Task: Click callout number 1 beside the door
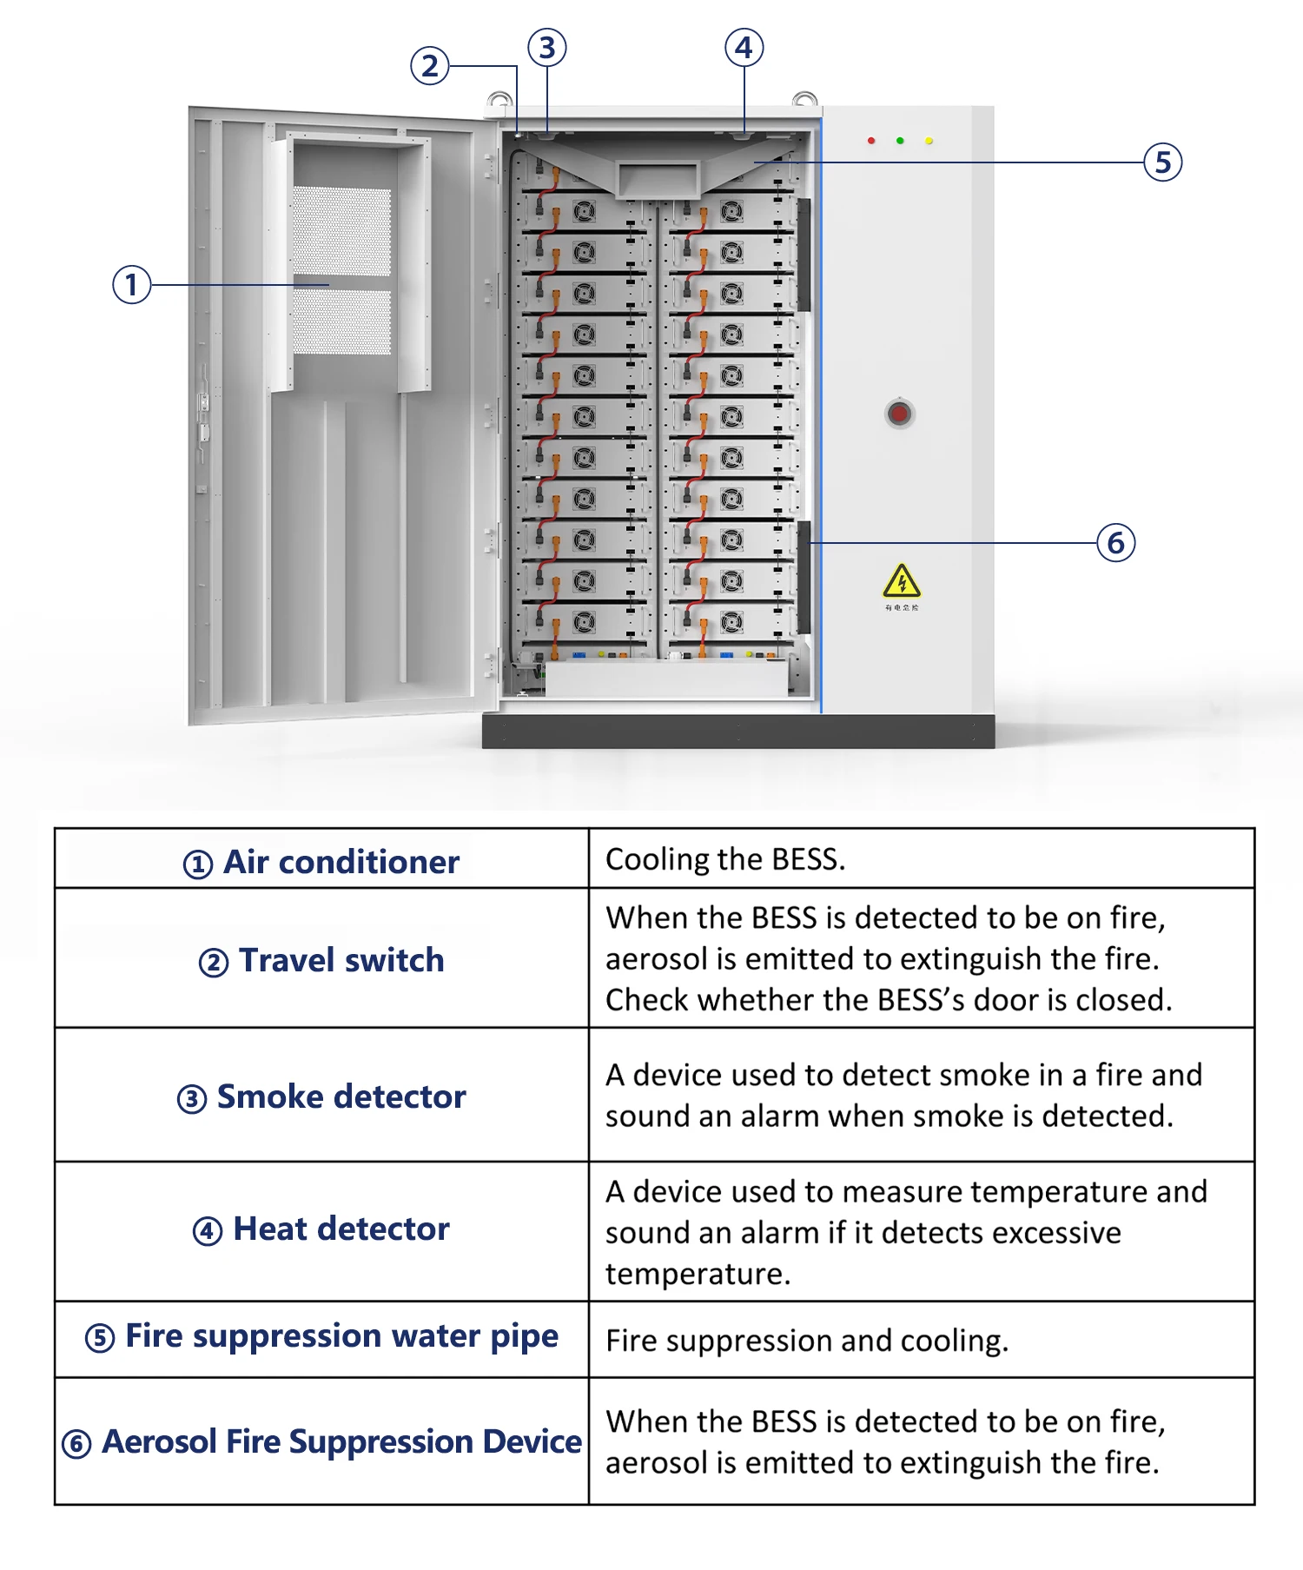pyautogui.click(x=132, y=285)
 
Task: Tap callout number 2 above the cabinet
pyautogui.click(x=429, y=66)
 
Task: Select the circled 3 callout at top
pyautogui.click(x=547, y=48)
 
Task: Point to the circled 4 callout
pyautogui.click(x=744, y=48)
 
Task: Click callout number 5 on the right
pyautogui.click(x=1163, y=162)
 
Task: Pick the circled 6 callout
pyautogui.click(x=1116, y=543)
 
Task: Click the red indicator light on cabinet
pyautogui.click(x=871, y=141)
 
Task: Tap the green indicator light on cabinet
pyautogui.click(x=900, y=141)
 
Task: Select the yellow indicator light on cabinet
pyautogui.click(x=929, y=141)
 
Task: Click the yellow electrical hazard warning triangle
pyautogui.click(x=902, y=581)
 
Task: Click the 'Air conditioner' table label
pyautogui.click(x=341, y=862)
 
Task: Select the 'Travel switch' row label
pyautogui.click(x=341, y=960)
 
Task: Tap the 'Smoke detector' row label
pyautogui.click(x=341, y=1096)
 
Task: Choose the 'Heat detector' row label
pyautogui.click(x=341, y=1229)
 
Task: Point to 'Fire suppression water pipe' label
pyautogui.click(x=341, y=1336)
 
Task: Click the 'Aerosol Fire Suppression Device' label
pyautogui.click(x=341, y=1442)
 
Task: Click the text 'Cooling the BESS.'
pyautogui.click(x=725, y=859)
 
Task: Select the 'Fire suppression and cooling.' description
pyautogui.click(x=807, y=1341)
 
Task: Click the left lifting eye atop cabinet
pyautogui.click(x=499, y=100)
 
